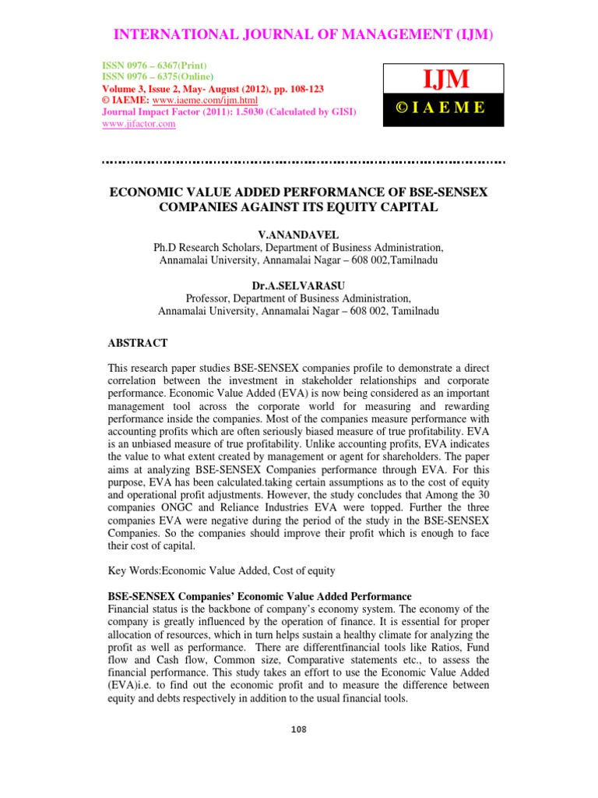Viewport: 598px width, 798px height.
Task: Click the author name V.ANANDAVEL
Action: point(299,234)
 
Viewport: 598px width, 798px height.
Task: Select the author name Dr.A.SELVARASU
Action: point(298,286)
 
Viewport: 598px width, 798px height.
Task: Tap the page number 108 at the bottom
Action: point(299,729)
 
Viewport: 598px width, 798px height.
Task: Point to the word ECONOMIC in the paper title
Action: point(146,192)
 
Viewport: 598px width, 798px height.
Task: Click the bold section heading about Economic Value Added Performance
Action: point(259,596)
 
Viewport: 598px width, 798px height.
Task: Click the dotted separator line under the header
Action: point(304,162)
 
